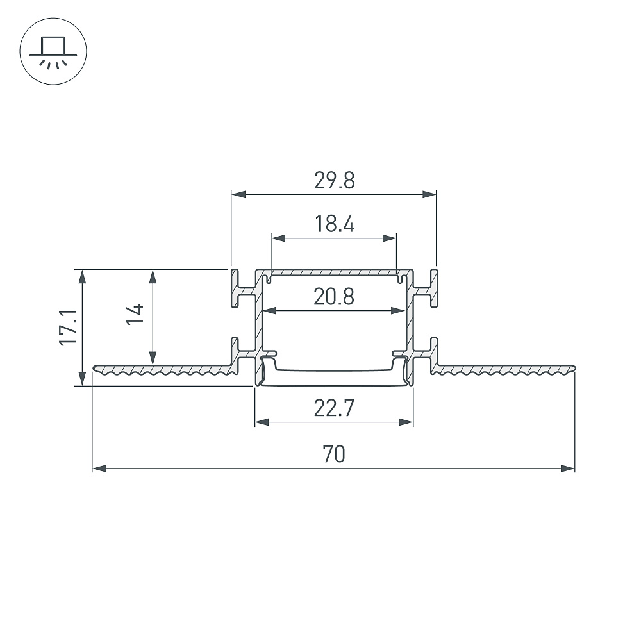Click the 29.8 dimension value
[334, 180]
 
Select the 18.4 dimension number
[334, 224]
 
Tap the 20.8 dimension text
[333, 297]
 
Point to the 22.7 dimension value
[333, 408]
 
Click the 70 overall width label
[333, 454]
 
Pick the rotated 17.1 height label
[69, 328]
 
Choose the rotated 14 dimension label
[135, 314]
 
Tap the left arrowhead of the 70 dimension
[99, 469]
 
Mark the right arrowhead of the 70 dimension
[568, 469]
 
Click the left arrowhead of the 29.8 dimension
[238, 195]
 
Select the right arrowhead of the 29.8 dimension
[429, 195]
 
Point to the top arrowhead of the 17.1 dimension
[83, 276]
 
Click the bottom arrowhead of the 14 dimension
[153, 358]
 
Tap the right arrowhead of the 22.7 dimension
[406, 422]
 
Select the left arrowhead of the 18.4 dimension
[278, 238]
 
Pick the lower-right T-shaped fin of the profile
[426, 355]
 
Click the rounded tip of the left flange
[95, 369]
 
